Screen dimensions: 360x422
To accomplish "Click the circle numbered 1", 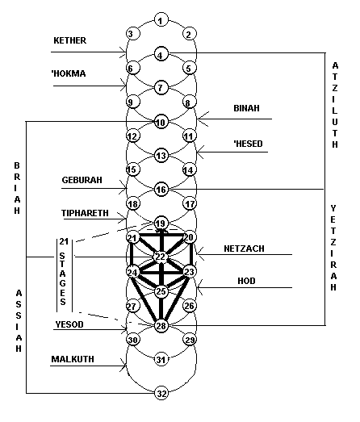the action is point(161,20).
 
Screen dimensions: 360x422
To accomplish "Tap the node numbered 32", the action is point(161,394).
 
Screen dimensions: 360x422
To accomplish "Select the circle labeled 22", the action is point(161,257).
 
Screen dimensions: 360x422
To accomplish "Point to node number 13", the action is point(161,156).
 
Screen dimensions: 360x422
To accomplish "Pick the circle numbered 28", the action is point(161,326).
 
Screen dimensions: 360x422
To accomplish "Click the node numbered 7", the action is point(161,87).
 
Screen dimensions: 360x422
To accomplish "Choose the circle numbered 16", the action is point(161,190).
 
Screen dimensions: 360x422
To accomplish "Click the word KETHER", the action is point(69,40).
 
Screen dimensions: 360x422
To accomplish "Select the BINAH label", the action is point(246,108).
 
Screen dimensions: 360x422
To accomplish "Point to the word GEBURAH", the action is point(82,180).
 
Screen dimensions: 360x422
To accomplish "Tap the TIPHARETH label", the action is point(85,213).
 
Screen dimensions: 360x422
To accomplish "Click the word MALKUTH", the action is point(73,359).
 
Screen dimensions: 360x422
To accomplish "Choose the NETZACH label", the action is point(244,249).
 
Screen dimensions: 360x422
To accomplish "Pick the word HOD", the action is point(246,281).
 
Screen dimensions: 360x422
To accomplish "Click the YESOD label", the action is point(69,324).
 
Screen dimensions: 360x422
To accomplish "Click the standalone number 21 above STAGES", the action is point(64,241).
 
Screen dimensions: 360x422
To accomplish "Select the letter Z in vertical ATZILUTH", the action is point(335,88).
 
